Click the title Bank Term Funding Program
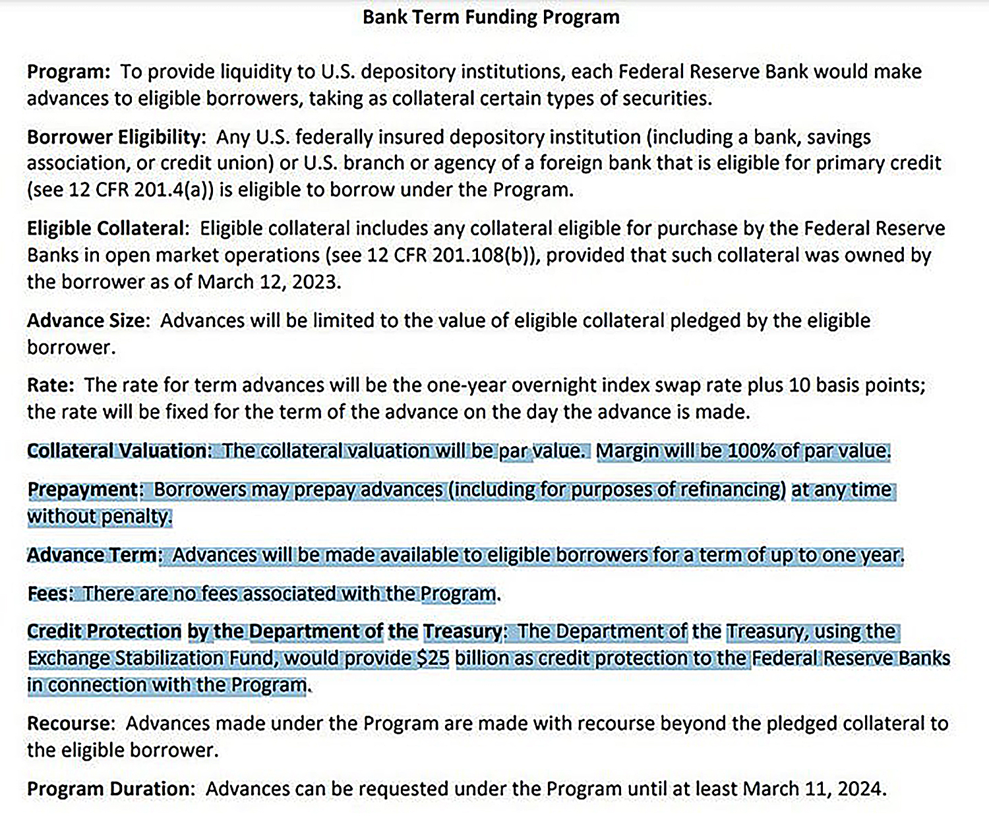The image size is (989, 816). pyautogui.click(x=491, y=17)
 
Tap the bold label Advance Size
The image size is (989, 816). pyautogui.click(x=88, y=321)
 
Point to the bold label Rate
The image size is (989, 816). pyautogui.click(x=50, y=385)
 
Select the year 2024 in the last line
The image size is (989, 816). pyautogui.click(x=860, y=789)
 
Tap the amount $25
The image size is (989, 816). pyautogui.click(x=433, y=658)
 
